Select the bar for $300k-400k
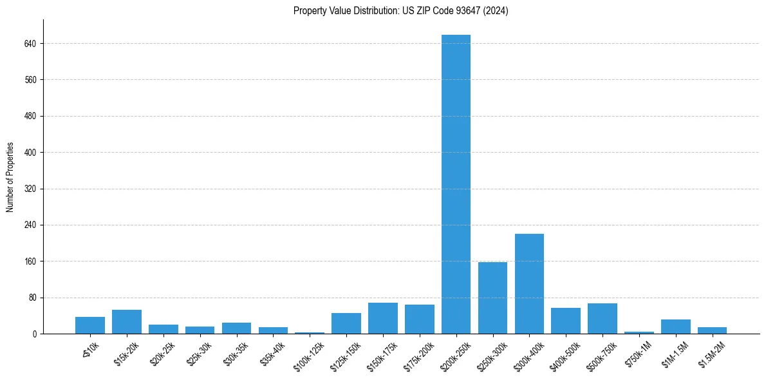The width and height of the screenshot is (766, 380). pos(529,283)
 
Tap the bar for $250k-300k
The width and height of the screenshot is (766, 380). pos(492,298)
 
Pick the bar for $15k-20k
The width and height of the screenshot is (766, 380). pos(127,321)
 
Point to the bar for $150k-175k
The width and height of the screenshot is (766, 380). pos(383,318)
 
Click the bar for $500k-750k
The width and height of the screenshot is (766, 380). pos(603,318)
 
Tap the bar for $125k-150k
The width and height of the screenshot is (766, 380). pos(346,323)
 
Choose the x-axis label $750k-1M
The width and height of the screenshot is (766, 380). pos(639,350)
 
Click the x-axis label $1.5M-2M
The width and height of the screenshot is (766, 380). pos(713,350)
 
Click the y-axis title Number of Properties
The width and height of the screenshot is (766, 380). pos(10,176)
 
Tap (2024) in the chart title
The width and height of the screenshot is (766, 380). pos(495,11)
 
